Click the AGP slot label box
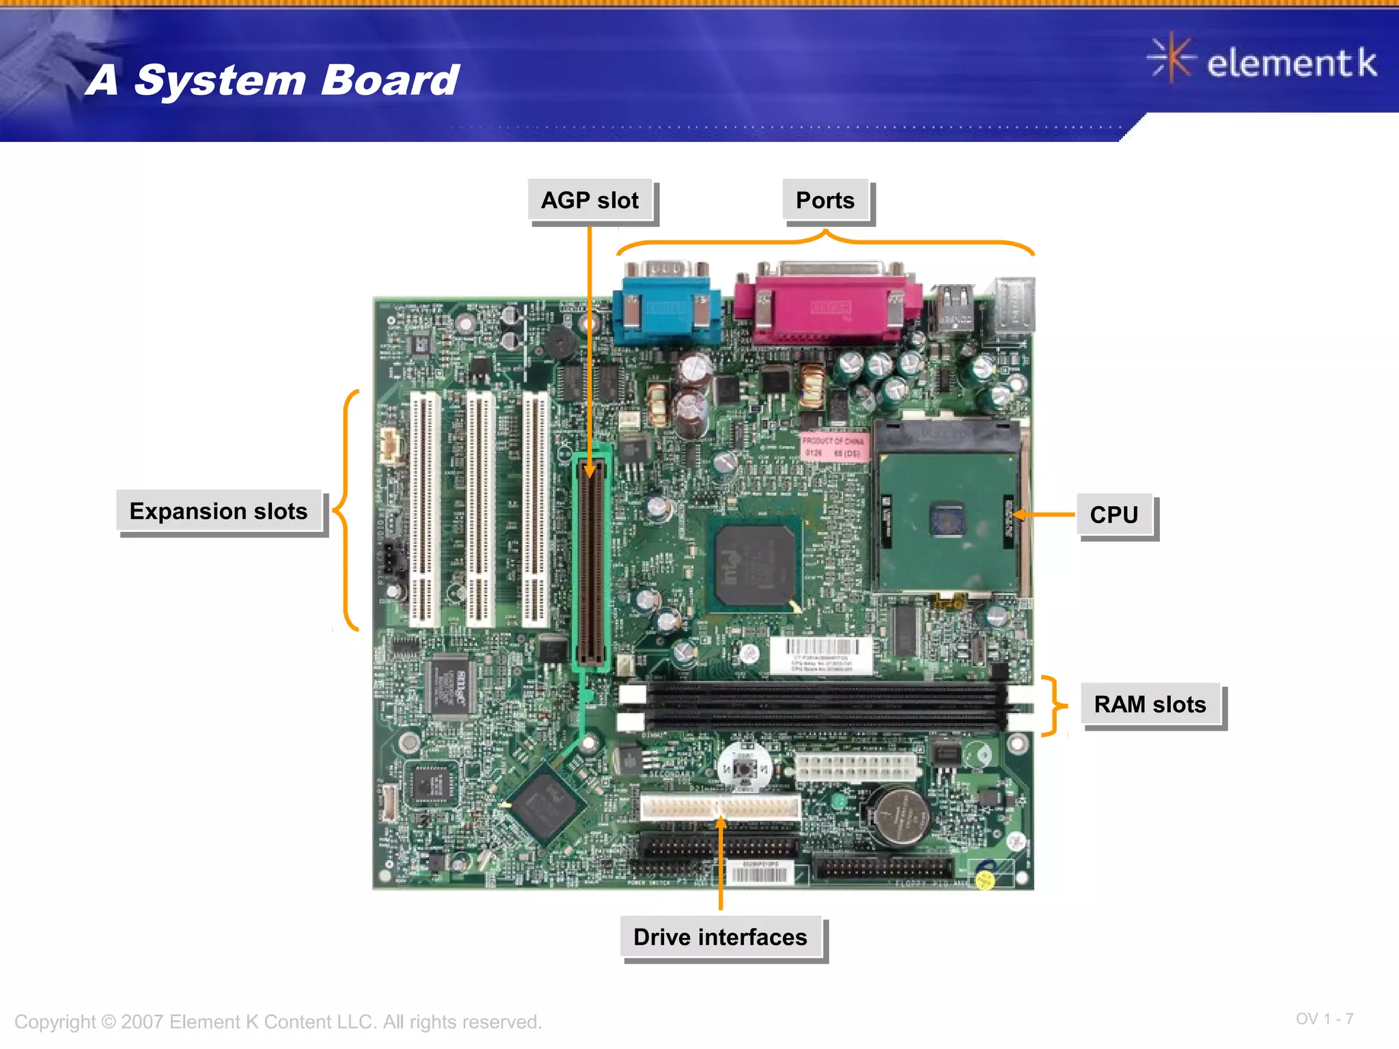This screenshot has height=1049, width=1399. click(x=590, y=201)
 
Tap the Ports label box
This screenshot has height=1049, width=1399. click(x=825, y=201)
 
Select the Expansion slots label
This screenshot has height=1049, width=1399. click(x=219, y=512)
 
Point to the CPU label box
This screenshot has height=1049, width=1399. click(x=1114, y=515)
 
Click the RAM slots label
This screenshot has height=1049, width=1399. click(x=1150, y=704)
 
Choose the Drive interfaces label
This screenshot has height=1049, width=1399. click(x=721, y=938)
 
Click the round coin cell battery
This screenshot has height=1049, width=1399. click(x=897, y=816)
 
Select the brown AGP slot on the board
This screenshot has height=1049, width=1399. click(x=592, y=560)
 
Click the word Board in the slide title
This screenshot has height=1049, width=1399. click(x=390, y=81)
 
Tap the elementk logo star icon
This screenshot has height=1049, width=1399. click(x=1171, y=59)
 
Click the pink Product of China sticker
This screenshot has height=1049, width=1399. click(x=833, y=447)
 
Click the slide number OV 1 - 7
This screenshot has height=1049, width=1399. click(x=1324, y=1019)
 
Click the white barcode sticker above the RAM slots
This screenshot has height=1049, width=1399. click(x=820, y=655)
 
